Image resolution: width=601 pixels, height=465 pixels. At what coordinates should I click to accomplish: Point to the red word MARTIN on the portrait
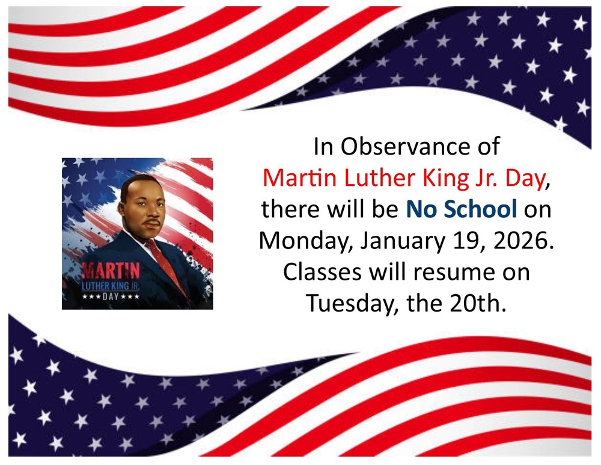pyautogui.click(x=111, y=269)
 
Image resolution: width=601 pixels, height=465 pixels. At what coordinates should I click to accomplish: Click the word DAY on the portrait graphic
pyautogui.click(x=111, y=296)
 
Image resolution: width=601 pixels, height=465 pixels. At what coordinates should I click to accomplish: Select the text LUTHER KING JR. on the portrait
pyautogui.click(x=111, y=285)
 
